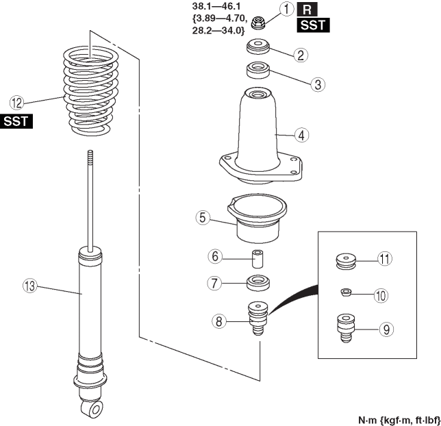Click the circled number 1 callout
[x=287, y=9]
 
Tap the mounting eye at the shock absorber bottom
[x=93, y=408]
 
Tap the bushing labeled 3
[x=258, y=71]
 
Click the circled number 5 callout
[x=202, y=218]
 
